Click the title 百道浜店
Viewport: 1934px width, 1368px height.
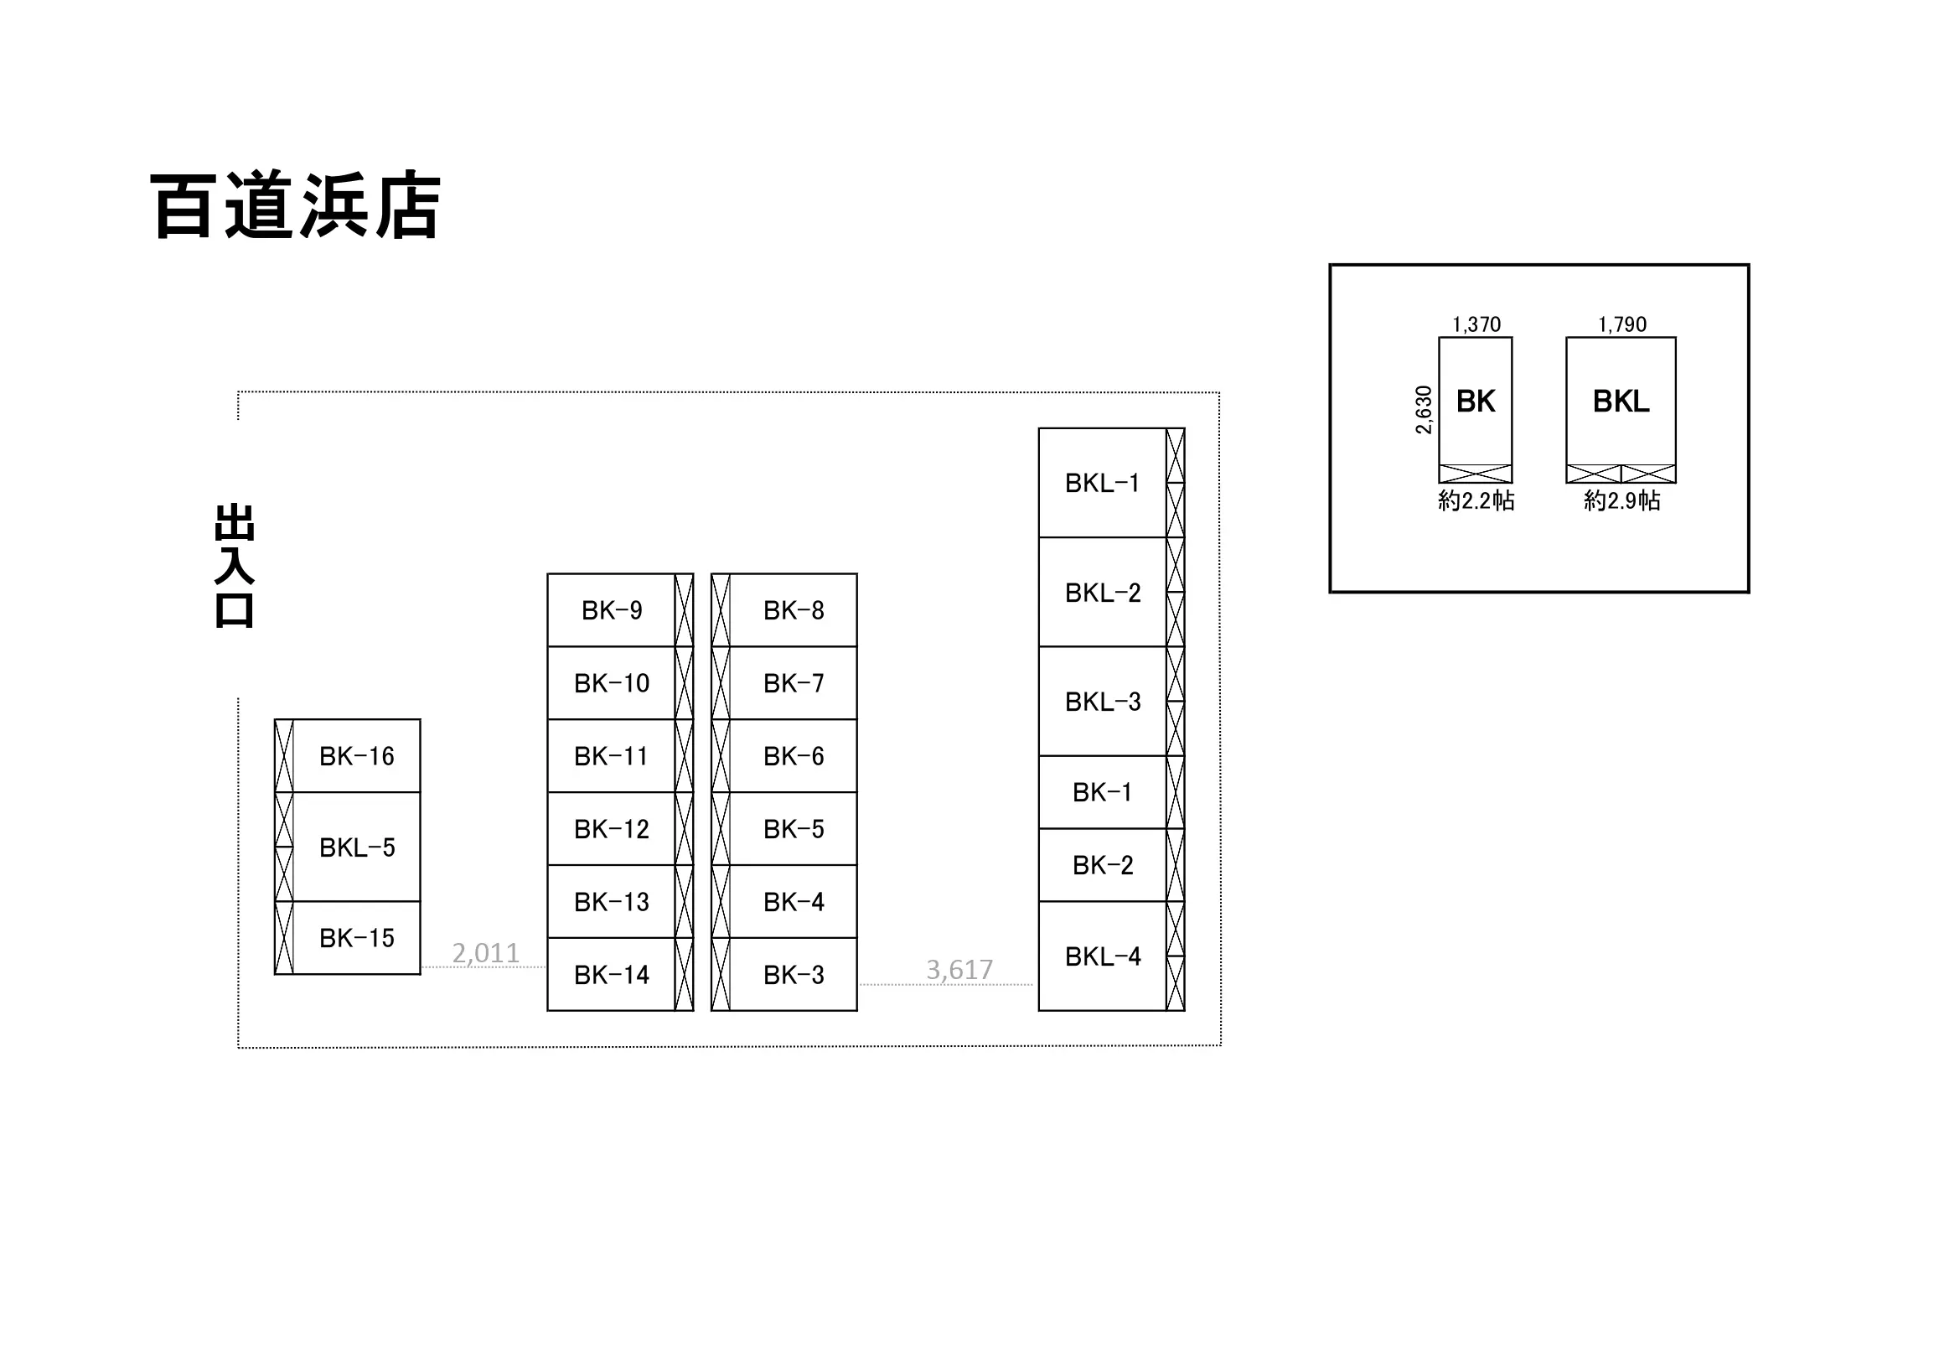(296, 205)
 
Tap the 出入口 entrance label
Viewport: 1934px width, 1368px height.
(234, 565)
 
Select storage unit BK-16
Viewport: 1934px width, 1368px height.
(347, 755)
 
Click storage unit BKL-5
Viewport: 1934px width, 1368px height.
(347, 847)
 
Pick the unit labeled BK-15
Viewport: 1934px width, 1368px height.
(347, 937)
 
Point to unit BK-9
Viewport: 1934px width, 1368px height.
(620, 610)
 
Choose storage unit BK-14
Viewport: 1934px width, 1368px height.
(620, 975)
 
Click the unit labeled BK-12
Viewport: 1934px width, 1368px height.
(620, 829)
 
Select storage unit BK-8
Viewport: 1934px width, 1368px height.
(784, 610)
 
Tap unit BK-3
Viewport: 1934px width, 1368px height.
(784, 975)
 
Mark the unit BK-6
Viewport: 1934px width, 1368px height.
(784, 755)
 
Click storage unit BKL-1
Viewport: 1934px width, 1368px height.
(1112, 483)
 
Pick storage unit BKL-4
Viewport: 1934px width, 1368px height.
(1112, 956)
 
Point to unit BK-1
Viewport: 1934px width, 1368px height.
(1112, 792)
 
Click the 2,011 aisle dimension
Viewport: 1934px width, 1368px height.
(485, 953)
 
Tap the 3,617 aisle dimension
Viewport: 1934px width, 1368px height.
(959, 970)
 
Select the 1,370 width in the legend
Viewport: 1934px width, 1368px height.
(1476, 324)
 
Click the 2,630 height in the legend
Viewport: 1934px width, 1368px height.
(1424, 410)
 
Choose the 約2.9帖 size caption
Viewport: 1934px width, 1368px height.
(1622, 500)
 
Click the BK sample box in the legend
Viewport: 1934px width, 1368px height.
(1476, 410)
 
